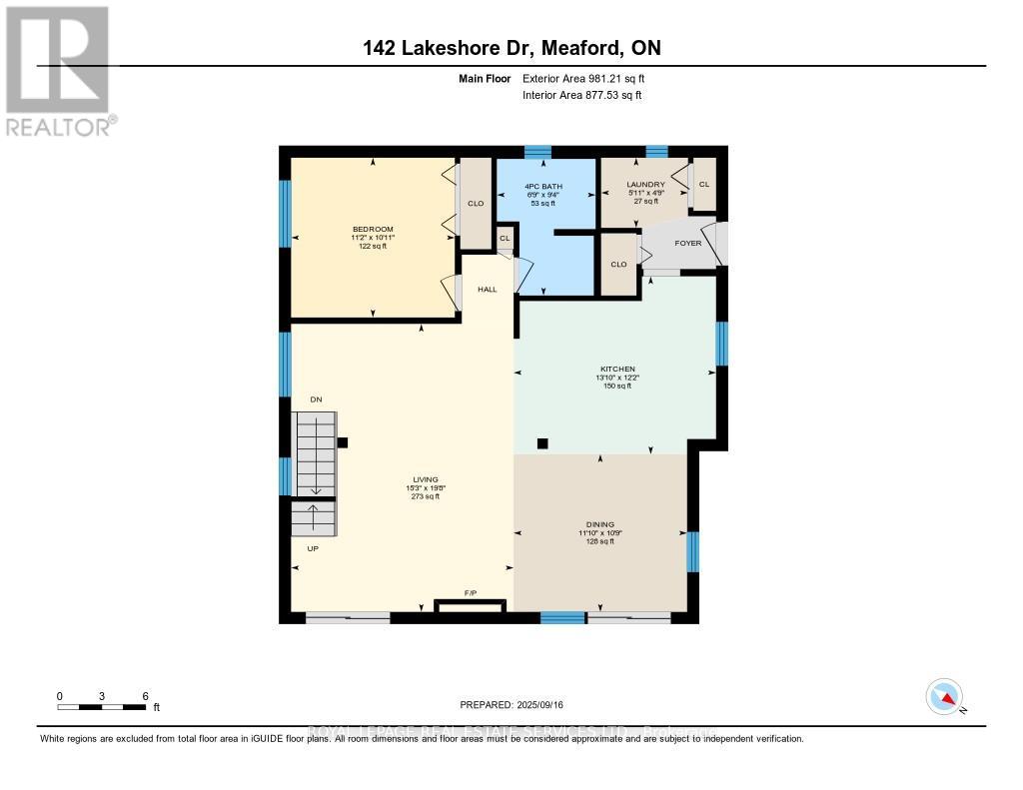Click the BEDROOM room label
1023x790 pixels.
pyautogui.click(x=372, y=229)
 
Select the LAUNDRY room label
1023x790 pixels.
pyautogui.click(x=645, y=185)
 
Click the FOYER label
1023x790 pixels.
pyautogui.click(x=688, y=243)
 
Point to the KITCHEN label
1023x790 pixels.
pyautogui.click(x=617, y=369)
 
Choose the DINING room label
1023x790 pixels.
pyautogui.click(x=600, y=524)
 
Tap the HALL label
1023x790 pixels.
pyautogui.click(x=487, y=290)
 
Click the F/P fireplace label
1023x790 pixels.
pyautogui.click(x=471, y=593)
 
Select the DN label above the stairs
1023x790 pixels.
pyautogui.click(x=316, y=399)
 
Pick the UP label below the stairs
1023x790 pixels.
pyautogui.click(x=313, y=548)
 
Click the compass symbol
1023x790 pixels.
pyautogui.click(x=944, y=696)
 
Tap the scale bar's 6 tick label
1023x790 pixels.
pyautogui.click(x=146, y=696)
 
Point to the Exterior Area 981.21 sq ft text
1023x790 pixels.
pyautogui.click(x=589, y=78)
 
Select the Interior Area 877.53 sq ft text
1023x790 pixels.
pyautogui.click(x=581, y=95)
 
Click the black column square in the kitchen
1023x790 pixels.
pyautogui.click(x=543, y=443)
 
